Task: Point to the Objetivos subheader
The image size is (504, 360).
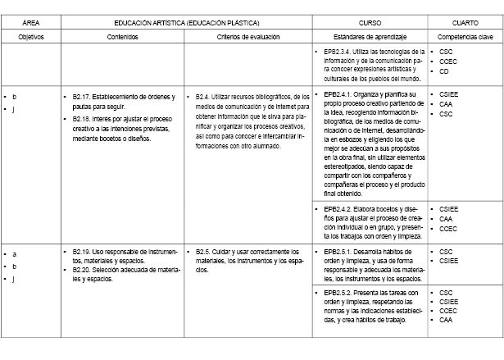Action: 31,38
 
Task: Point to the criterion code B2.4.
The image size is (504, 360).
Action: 206,97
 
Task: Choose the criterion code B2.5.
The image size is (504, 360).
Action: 206,251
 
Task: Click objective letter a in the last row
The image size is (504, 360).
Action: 14,254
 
